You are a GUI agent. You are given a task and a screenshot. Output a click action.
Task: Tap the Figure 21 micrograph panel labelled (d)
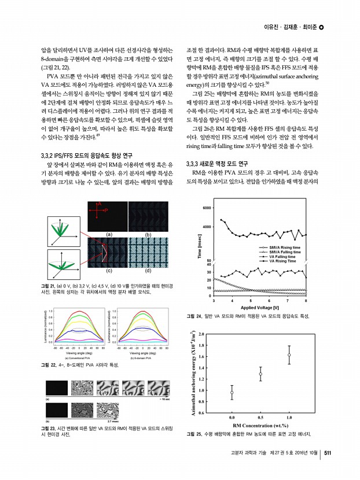tap(148, 253)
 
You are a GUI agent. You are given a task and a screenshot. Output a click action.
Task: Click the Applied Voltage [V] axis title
tap(260, 307)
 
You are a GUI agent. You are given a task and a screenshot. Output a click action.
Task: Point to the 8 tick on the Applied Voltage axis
tap(306, 301)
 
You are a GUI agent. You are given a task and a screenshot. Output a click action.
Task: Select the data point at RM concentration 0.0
tap(232, 393)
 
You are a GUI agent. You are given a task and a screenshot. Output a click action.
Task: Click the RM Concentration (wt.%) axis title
tap(260, 425)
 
